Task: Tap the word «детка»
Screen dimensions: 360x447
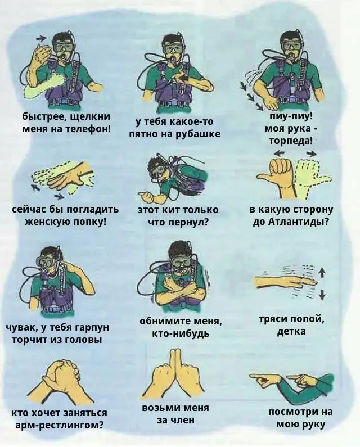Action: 291,331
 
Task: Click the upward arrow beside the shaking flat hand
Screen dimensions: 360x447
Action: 322,273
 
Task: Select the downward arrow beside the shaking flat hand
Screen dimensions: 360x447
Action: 322,294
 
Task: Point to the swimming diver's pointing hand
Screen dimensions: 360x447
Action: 147,197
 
